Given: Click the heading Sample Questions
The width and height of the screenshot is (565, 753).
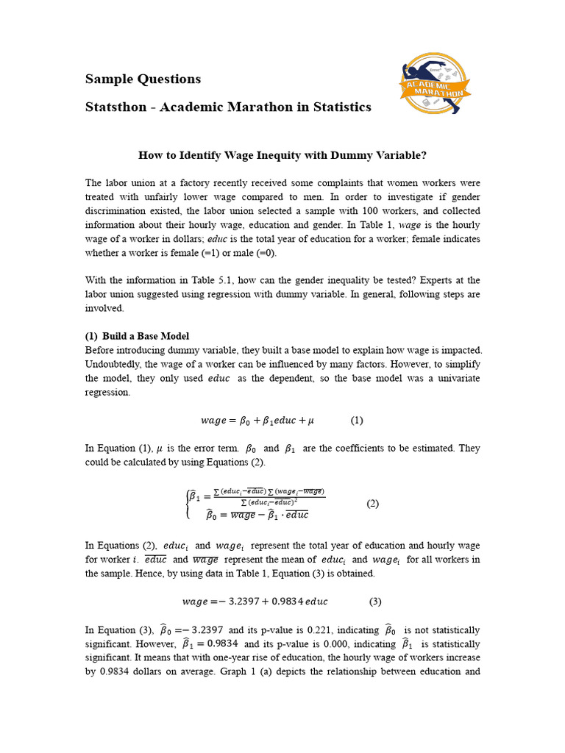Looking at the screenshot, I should (x=143, y=79).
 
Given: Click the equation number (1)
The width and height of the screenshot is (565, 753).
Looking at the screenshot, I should (x=357, y=421).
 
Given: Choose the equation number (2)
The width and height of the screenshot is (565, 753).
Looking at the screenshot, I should (x=372, y=504).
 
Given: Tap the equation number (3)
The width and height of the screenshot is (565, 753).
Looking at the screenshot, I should (x=375, y=601).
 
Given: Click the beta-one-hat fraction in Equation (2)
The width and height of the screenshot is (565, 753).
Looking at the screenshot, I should (x=257, y=496).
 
